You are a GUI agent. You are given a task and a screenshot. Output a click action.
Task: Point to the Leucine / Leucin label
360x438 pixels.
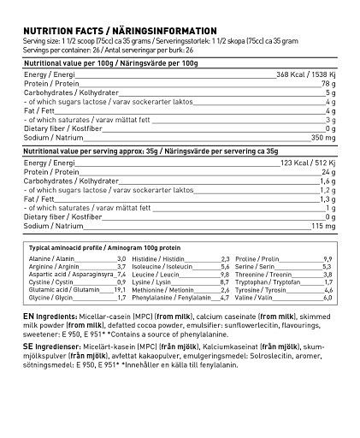(154, 274)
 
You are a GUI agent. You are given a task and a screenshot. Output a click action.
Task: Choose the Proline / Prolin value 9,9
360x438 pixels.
(328, 257)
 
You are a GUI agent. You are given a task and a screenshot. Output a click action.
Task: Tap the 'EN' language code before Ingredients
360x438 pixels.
(27, 316)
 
